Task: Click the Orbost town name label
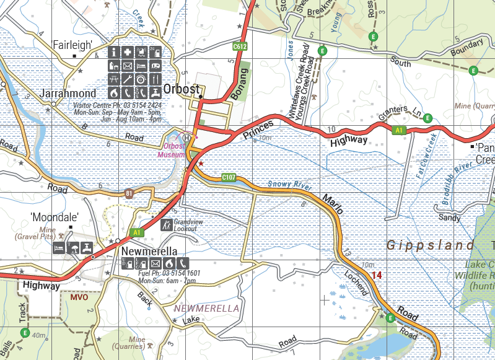pyautogui.click(x=182, y=89)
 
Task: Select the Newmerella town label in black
pyautogui.click(x=150, y=252)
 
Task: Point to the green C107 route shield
pyautogui.click(x=229, y=178)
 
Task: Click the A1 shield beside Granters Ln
pyautogui.click(x=400, y=130)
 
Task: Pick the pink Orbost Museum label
pyautogui.click(x=172, y=150)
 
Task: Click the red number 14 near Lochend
pyautogui.click(x=377, y=274)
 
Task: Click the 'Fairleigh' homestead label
pyautogui.click(x=72, y=45)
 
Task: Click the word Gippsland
pyautogui.click(x=431, y=245)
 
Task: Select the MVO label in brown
pyautogui.click(x=79, y=297)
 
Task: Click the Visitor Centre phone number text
pyautogui.click(x=117, y=106)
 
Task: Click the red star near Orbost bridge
pyautogui.click(x=200, y=163)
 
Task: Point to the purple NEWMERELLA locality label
pyautogui.click(x=206, y=308)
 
